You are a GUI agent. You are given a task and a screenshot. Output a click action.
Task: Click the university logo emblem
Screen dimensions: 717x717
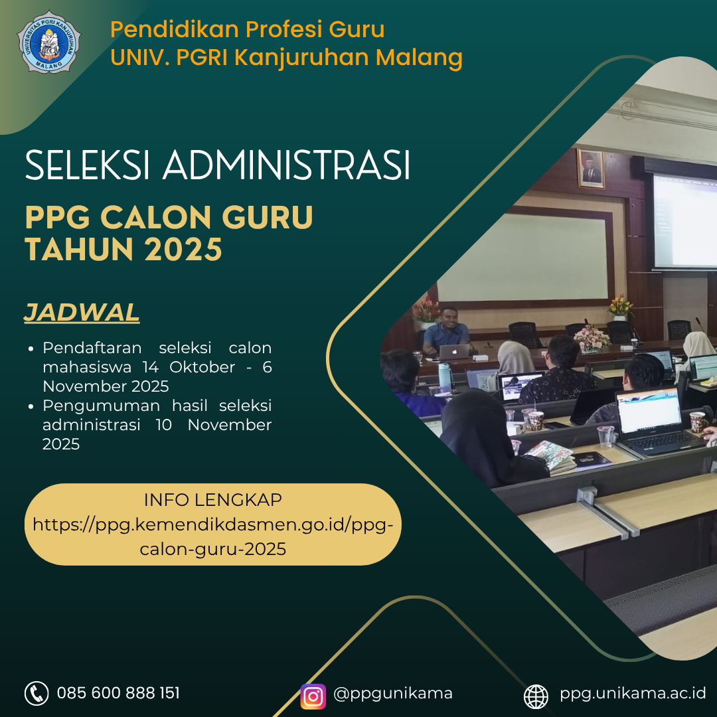tap(49, 42)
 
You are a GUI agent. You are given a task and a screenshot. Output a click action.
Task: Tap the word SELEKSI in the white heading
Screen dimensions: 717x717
tap(88, 165)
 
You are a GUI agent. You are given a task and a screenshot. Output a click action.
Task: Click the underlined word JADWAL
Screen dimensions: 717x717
tap(82, 313)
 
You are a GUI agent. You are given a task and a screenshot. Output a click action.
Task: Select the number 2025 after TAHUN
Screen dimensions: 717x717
tap(183, 249)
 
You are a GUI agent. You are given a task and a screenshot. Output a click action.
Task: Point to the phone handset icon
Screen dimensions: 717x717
tap(37, 693)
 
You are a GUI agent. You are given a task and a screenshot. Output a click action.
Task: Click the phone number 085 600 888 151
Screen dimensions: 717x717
tap(118, 693)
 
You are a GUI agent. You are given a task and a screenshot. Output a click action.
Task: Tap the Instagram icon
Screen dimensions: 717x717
tap(313, 696)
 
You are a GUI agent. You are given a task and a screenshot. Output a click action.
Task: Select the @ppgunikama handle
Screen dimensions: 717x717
tap(393, 694)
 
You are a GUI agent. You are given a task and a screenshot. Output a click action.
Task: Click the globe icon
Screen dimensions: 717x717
tap(536, 697)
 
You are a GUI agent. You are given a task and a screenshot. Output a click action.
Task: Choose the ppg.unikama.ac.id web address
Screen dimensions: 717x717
tap(633, 694)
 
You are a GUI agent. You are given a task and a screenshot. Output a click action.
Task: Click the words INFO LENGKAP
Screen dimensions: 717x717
tap(212, 500)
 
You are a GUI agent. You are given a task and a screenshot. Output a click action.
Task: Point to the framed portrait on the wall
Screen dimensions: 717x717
tap(591, 169)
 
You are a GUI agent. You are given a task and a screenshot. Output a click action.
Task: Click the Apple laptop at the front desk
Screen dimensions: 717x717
tap(454, 352)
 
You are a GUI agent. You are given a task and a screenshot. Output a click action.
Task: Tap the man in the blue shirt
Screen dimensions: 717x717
tap(446, 331)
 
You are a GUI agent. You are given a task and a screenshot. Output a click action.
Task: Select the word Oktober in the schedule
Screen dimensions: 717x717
tap(202, 367)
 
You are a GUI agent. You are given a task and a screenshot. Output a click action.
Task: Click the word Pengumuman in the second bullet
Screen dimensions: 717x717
tap(101, 406)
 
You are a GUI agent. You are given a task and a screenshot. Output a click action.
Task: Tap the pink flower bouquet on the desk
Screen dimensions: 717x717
tap(592, 338)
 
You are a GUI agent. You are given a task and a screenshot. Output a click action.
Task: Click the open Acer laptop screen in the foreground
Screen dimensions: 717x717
tap(649, 410)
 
